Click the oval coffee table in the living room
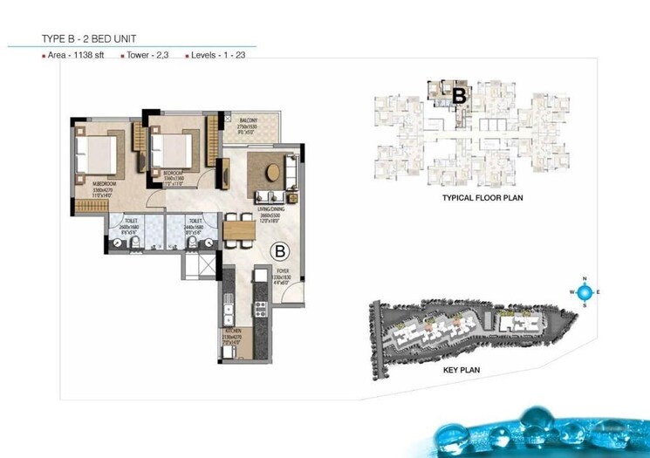(x=275, y=171)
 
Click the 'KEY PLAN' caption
(x=462, y=370)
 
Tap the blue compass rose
(x=585, y=291)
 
